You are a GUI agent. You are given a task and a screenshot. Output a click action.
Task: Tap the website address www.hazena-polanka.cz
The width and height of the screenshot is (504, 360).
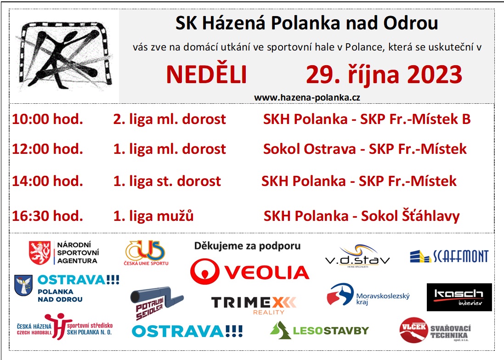coord(307,98)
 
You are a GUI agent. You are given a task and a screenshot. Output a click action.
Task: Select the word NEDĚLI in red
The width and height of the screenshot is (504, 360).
coord(206,74)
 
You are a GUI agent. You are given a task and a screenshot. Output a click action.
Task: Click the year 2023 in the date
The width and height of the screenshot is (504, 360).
coord(435,74)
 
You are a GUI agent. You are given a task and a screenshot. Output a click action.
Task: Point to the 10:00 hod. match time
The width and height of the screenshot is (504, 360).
coord(48,119)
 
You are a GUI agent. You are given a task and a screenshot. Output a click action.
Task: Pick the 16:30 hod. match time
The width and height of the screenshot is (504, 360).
coord(48,216)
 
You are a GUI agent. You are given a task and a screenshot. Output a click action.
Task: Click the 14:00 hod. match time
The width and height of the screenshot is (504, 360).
coord(48,181)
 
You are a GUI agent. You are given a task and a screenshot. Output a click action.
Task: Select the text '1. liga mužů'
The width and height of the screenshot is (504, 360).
coord(153,216)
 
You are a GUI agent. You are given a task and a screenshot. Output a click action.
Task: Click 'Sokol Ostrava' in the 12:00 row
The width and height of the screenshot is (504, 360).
coord(310,149)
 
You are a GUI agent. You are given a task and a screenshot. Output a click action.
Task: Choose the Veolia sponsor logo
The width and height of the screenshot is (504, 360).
coord(250,272)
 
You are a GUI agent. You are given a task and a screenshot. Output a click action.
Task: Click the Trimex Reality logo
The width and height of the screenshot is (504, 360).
coord(254,305)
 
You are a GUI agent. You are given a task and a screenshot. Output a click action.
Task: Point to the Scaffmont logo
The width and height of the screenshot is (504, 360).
coord(449,256)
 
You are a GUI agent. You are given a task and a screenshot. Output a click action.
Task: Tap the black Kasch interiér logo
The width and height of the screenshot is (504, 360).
coord(459,297)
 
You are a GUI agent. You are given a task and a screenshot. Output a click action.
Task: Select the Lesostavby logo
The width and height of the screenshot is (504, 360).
coord(319,331)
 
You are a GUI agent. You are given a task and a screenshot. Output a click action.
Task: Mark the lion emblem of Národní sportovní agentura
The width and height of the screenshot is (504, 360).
coord(40,253)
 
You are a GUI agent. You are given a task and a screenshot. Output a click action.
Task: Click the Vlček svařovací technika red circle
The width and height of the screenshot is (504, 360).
coord(413,330)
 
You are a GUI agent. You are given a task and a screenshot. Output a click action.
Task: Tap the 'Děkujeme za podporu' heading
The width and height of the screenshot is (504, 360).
coord(247,246)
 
